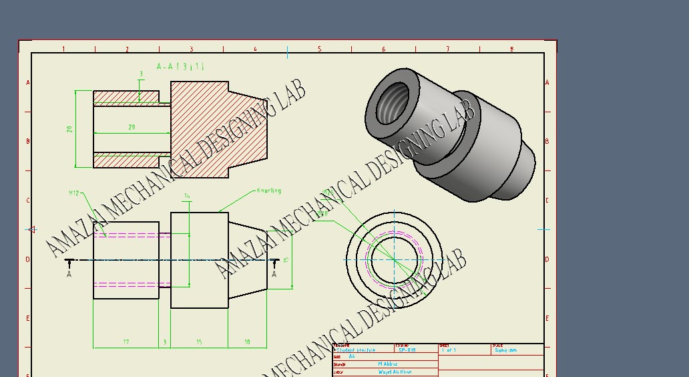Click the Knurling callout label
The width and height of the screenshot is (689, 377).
click(x=269, y=191)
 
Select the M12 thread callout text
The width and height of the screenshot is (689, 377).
click(x=73, y=193)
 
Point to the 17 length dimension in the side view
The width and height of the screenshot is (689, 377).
click(x=126, y=342)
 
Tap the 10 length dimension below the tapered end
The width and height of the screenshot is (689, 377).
click(x=247, y=342)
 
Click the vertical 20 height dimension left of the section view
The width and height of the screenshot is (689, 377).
click(x=69, y=128)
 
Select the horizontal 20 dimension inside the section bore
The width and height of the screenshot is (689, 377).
click(x=132, y=127)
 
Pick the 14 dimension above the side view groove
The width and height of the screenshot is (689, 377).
click(x=187, y=196)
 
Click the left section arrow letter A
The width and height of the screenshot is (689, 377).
click(x=69, y=273)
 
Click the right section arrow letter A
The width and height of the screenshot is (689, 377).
click(x=274, y=273)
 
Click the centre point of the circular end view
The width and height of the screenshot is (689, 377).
click(x=394, y=259)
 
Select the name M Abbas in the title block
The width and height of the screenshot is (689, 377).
click(x=388, y=364)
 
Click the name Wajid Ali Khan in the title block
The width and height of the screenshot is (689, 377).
click(x=395, y=372)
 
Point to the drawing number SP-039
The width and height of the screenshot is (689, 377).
click(x=407, y=350)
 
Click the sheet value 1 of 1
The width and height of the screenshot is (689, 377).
click(x=449, y=350)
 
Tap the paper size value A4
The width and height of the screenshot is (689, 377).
click(x=352, y=357)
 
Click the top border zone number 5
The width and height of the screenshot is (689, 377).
click(x=319, y=49)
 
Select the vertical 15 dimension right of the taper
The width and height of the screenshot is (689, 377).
click(x=285, y=259)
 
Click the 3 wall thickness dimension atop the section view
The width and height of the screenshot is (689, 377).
click(x=141, y=74)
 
